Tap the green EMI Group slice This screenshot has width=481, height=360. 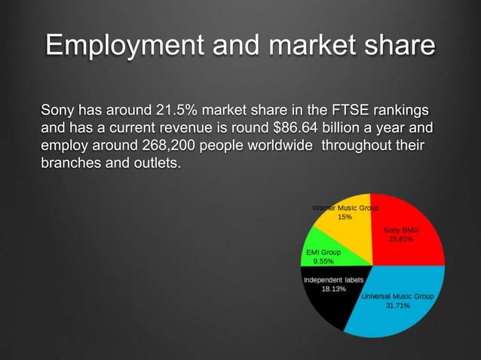320,256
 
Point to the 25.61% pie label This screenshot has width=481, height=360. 400,239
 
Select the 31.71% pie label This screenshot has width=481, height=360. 397,307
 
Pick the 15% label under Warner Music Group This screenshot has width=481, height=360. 343,217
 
